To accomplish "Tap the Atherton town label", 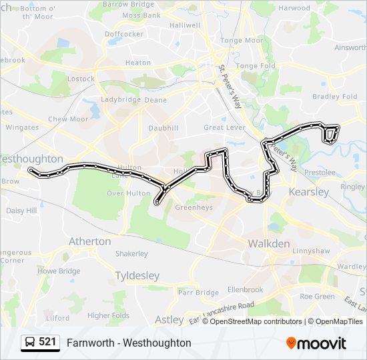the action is tap(90, 241).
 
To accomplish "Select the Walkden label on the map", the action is tap(269, 244).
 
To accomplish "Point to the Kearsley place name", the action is tap(308, 192).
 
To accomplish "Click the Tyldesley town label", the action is tap(137, 275).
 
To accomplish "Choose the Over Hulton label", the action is tap(129, 193).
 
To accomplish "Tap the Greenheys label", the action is tap(194, 207).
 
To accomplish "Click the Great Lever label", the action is tap(224, 127).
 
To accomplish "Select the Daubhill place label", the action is tap(163, 127).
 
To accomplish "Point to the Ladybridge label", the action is tap(121, 100).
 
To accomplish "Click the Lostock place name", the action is tap(81, 79).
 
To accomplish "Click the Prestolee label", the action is tap(320, 172).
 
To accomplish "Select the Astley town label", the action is tap(169, 320).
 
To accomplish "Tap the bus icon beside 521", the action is tap(29, 343).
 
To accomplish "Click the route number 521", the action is tap(47, 342).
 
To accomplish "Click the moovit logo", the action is tap(316, 343).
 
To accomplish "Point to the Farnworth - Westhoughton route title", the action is tap(129, 343).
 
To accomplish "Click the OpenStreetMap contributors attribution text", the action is tap(257, 321).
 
